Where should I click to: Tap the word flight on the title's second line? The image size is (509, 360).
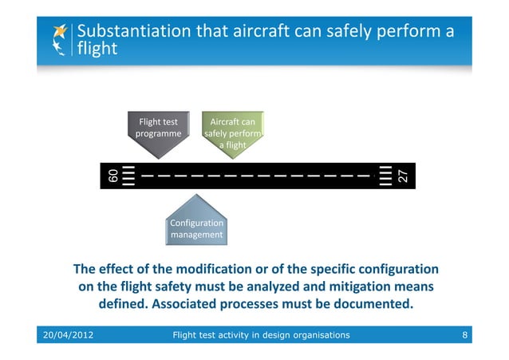click(97, 49)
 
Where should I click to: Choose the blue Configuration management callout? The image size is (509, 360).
click(196, 228)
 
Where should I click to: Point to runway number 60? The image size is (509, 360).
click(112, 175)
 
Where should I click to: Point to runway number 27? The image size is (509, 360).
click(403, 175)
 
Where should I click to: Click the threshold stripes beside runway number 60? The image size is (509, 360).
click(129, 175)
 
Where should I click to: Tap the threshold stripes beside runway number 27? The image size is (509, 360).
click(386, 175)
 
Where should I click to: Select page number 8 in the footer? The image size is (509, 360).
click(464, 334)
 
